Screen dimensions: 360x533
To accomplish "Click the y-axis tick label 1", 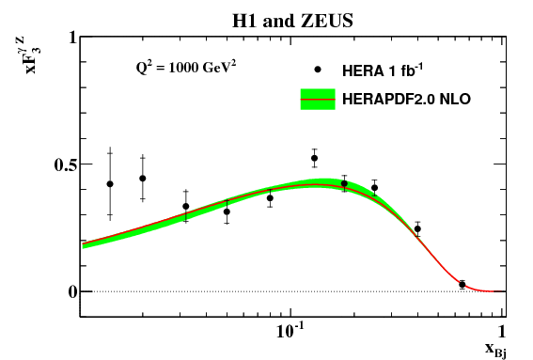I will tap(70, 39).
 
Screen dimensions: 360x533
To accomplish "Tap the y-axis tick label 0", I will tap(70, 291).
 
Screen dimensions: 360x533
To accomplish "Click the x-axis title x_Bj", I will tap(496, 349).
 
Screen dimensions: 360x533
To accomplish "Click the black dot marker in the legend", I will tap(319, 70).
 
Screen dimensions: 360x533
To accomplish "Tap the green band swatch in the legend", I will tap(318, 98).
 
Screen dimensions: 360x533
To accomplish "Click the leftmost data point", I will tap(110, 184).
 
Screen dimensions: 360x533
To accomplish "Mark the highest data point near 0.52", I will tap(314, 158).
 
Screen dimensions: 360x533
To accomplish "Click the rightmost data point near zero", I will tap(462, 284).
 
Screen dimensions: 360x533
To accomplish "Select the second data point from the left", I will tap(143, 178).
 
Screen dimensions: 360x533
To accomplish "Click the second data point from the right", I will tap(417, 228).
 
